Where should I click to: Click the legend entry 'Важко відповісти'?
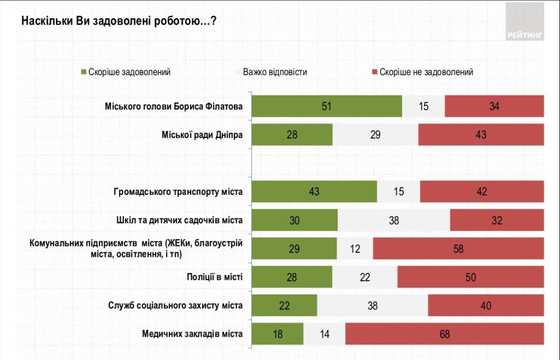275,72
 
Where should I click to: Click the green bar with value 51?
327,106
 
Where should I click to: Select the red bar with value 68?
444,334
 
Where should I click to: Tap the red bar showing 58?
458,249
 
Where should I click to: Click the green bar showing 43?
314,192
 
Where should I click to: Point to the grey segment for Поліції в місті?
365,277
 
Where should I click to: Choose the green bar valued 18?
277,334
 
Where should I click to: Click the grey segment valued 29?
375,135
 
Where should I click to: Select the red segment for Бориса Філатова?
494,106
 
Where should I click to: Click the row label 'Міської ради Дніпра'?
202,135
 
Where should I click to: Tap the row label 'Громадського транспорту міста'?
178,192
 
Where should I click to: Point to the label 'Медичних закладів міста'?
192,334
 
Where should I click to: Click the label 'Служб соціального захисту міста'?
175,305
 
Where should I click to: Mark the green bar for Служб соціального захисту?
284,305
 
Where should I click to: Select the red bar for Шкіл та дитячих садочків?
497,220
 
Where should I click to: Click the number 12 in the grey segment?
355,249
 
